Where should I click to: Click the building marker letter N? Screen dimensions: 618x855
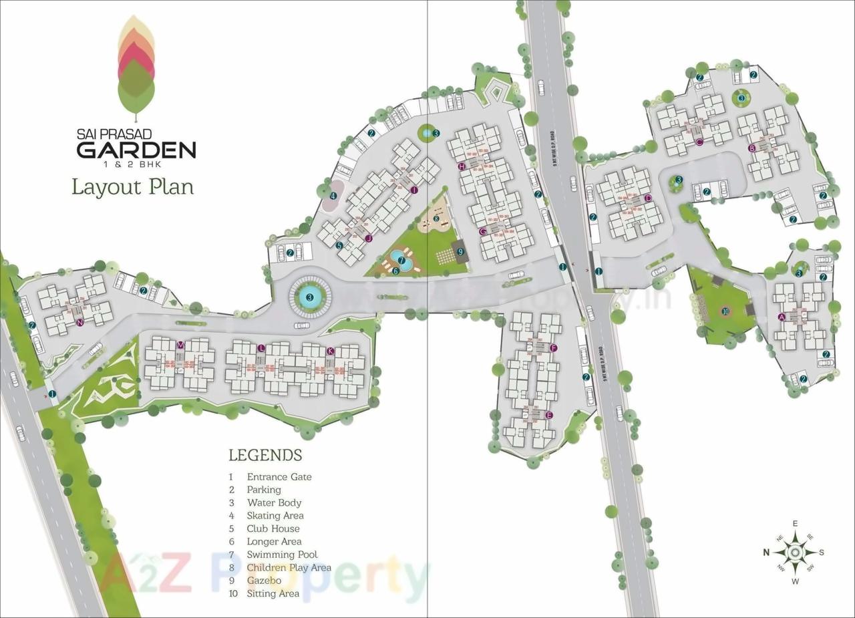(79, 323)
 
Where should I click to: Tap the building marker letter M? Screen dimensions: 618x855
(180, 344)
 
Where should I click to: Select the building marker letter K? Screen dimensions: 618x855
(330, 351)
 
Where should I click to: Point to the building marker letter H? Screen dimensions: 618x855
(461, 166)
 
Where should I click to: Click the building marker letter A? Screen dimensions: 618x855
(782, 317)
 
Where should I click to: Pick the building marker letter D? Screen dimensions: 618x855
(648, 198)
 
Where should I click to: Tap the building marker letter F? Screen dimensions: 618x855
(553, 349)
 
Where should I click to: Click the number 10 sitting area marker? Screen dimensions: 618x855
(725, 311)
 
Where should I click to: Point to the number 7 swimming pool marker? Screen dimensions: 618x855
(401, 260)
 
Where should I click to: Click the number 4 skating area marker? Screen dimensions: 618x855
(333, 196)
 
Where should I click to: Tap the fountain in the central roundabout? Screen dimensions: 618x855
(310, 296)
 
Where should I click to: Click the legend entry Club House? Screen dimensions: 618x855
(273, 528)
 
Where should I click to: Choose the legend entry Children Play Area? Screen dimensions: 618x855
(289, 567)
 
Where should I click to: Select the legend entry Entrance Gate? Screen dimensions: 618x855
(279, 477)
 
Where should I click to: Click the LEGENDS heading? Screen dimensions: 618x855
(265, 456)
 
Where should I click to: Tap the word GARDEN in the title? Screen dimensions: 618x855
(136, 148)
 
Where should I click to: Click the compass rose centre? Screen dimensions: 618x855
(795, 553)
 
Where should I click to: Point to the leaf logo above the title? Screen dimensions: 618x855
(136, 64)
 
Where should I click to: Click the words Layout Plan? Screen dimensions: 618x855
(133, 186)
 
